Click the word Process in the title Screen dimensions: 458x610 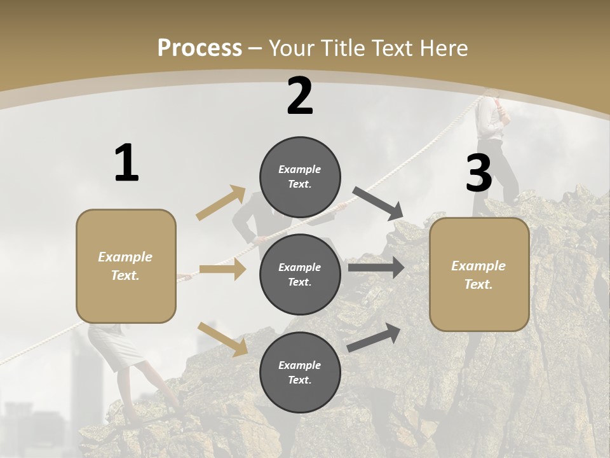click(200, 48)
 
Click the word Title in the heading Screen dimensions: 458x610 click(344, 48)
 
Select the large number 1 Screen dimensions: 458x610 click(126, 163)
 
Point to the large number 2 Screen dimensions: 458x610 click(300, 96)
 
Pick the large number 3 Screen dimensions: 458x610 click(478, 174)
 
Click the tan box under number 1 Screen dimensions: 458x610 click(126, 266)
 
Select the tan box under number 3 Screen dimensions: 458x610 click(479, 274)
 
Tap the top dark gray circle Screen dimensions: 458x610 click(300, 177)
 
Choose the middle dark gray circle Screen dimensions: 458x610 click(300, 274)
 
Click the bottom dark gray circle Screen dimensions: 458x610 click(300, 372)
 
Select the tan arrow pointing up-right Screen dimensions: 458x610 click(220, 203)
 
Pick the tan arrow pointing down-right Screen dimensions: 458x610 click(222, 339)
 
